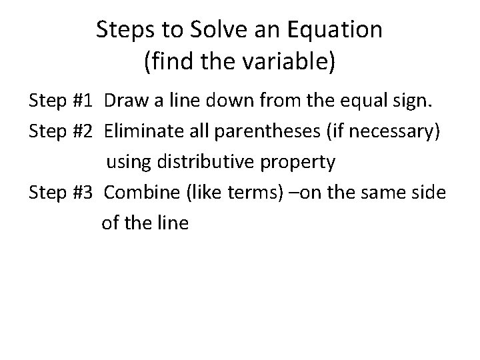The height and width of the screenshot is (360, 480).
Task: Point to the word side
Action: coord(429,192)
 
